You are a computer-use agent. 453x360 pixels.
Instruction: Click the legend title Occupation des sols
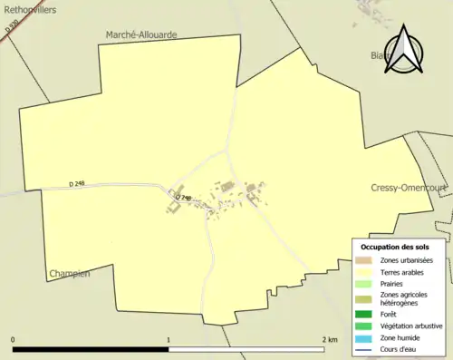coord(395,247)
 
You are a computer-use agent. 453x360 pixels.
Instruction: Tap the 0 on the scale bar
coord(13,340)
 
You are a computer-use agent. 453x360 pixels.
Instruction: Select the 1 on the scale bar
coord(169,340)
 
